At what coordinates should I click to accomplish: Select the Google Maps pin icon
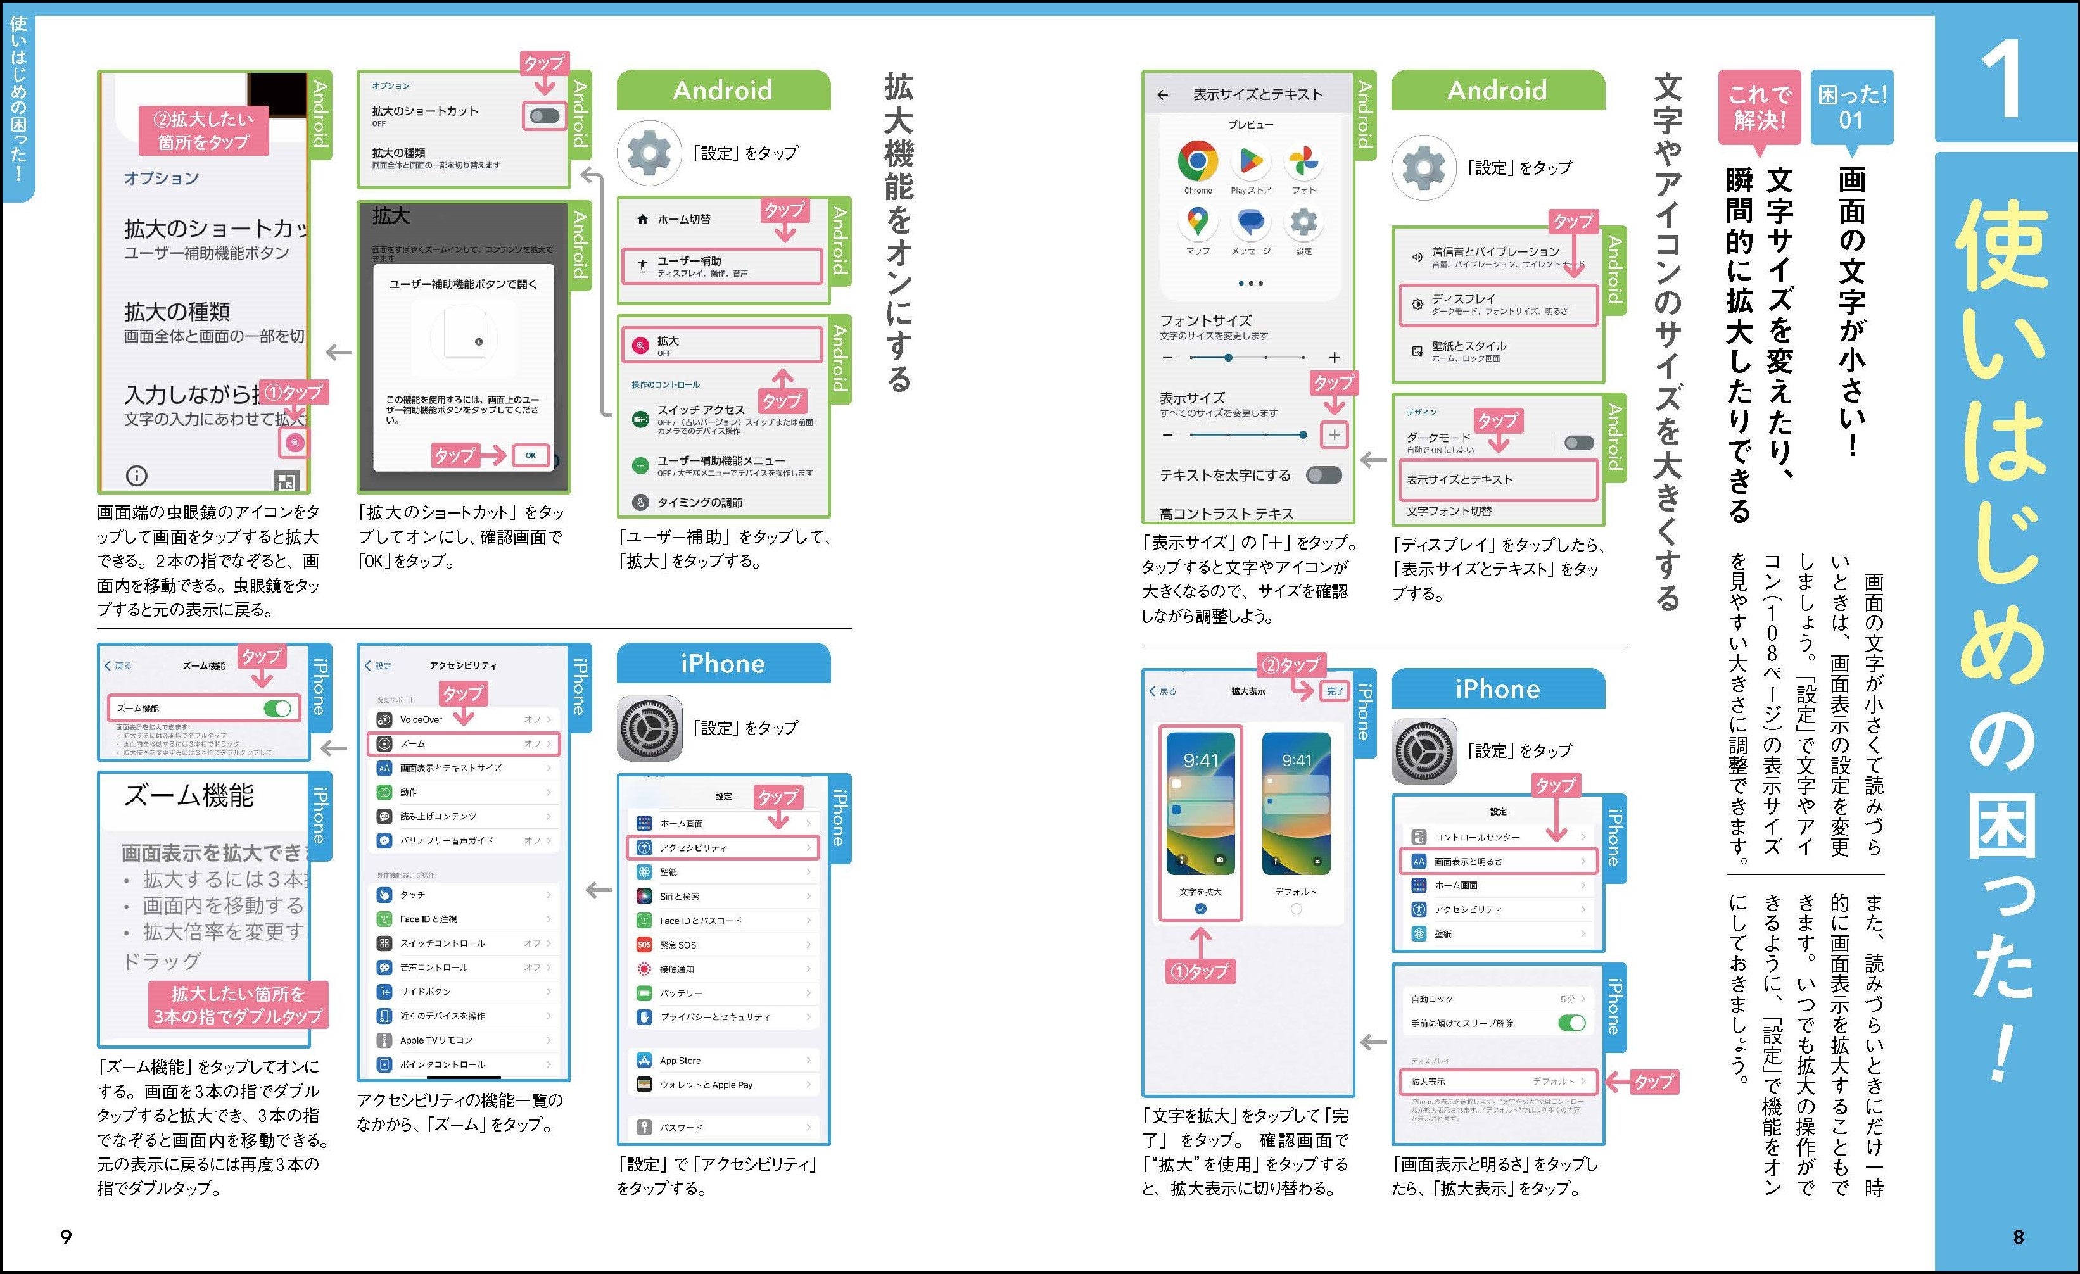(1197, 222)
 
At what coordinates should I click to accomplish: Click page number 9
(66, 1237)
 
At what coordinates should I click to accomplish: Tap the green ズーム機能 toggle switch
(277, 708)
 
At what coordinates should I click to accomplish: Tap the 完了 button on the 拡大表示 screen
(1335, 691)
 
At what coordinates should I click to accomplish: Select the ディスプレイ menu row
(1497, 305)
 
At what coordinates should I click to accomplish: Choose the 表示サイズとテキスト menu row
(1497, 479)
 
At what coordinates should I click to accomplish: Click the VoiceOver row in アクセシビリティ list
(462, 720)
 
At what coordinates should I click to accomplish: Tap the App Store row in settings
(723, 1061)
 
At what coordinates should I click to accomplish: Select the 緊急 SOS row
(723, 945)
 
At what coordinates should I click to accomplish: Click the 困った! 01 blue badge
(1851, 107)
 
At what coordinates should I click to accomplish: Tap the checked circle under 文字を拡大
(1200, 909)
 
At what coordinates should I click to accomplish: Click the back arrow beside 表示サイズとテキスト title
(1164, 94)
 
